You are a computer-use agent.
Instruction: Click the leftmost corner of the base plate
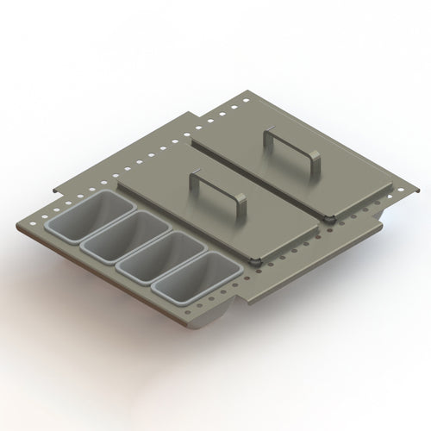pos(19,226)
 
